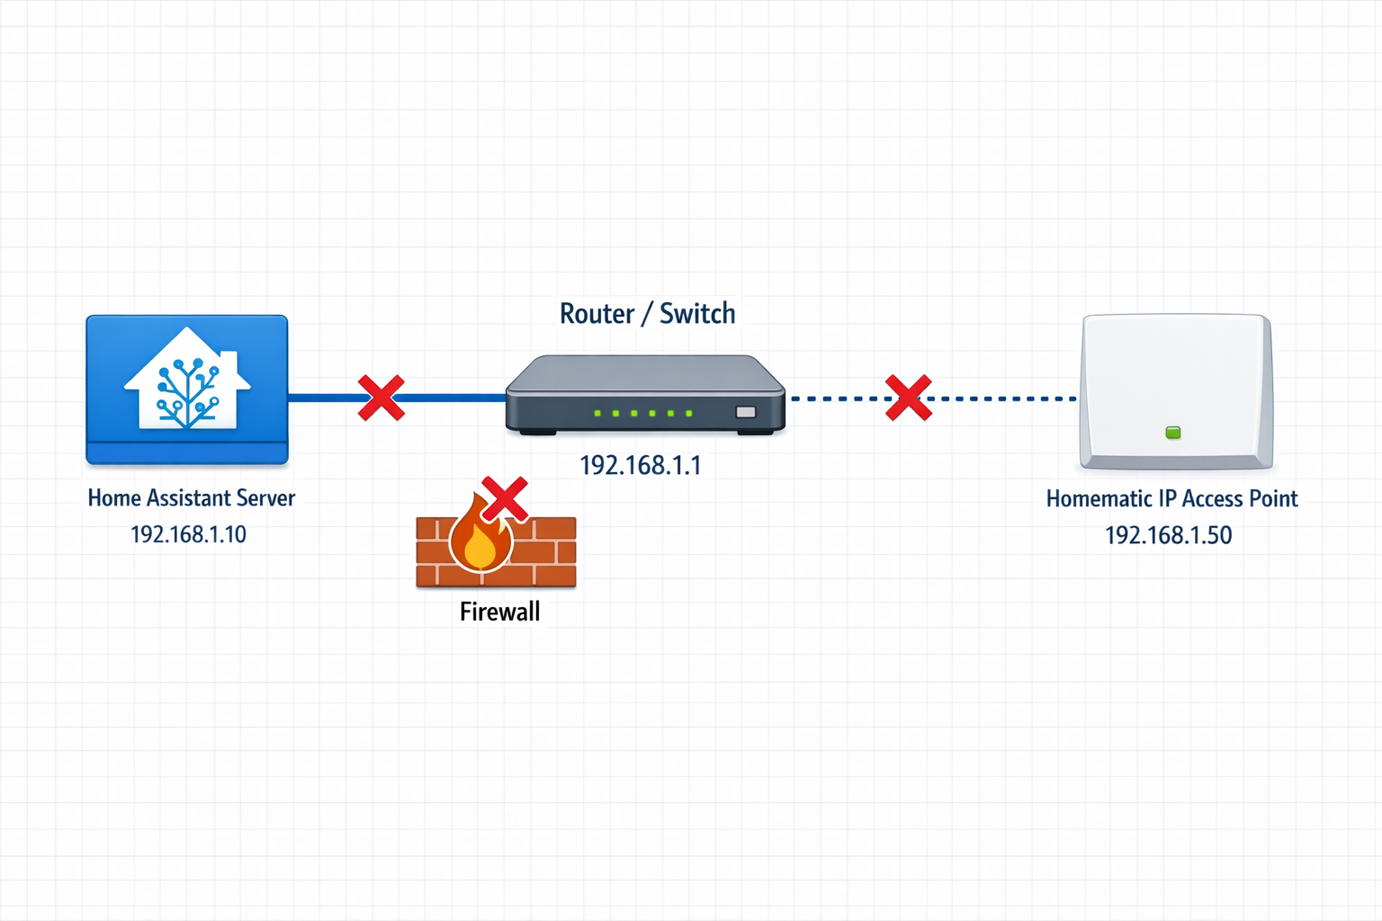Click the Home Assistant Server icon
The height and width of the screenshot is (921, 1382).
(x=187, y=389)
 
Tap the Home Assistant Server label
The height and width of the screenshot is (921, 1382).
(x=191, y=498)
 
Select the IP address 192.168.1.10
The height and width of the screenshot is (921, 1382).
(x=188, y=534)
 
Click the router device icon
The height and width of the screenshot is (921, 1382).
(x=645, y=396)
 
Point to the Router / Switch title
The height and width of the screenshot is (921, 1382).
(x=647, y=314)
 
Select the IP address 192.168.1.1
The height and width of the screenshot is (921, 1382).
(x=640, y=465)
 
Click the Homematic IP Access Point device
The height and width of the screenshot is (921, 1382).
(x=1177, y=391)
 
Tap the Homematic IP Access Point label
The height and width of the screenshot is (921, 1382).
(x=1171, y=499)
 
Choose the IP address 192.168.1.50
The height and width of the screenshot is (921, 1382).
(x=1168, y=535)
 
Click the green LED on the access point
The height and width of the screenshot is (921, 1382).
(x=1173, y=433)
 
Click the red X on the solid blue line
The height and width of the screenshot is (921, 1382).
(x=381, y=398)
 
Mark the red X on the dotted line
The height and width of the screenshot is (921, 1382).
(x=908, y=398)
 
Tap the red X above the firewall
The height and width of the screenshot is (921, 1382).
(x=505, y=499)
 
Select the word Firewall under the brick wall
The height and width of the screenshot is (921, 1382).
(x=499, y=612)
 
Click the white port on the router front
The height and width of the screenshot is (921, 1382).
(x=746, y=412)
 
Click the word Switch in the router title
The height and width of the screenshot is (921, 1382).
(x=697, y=314)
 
